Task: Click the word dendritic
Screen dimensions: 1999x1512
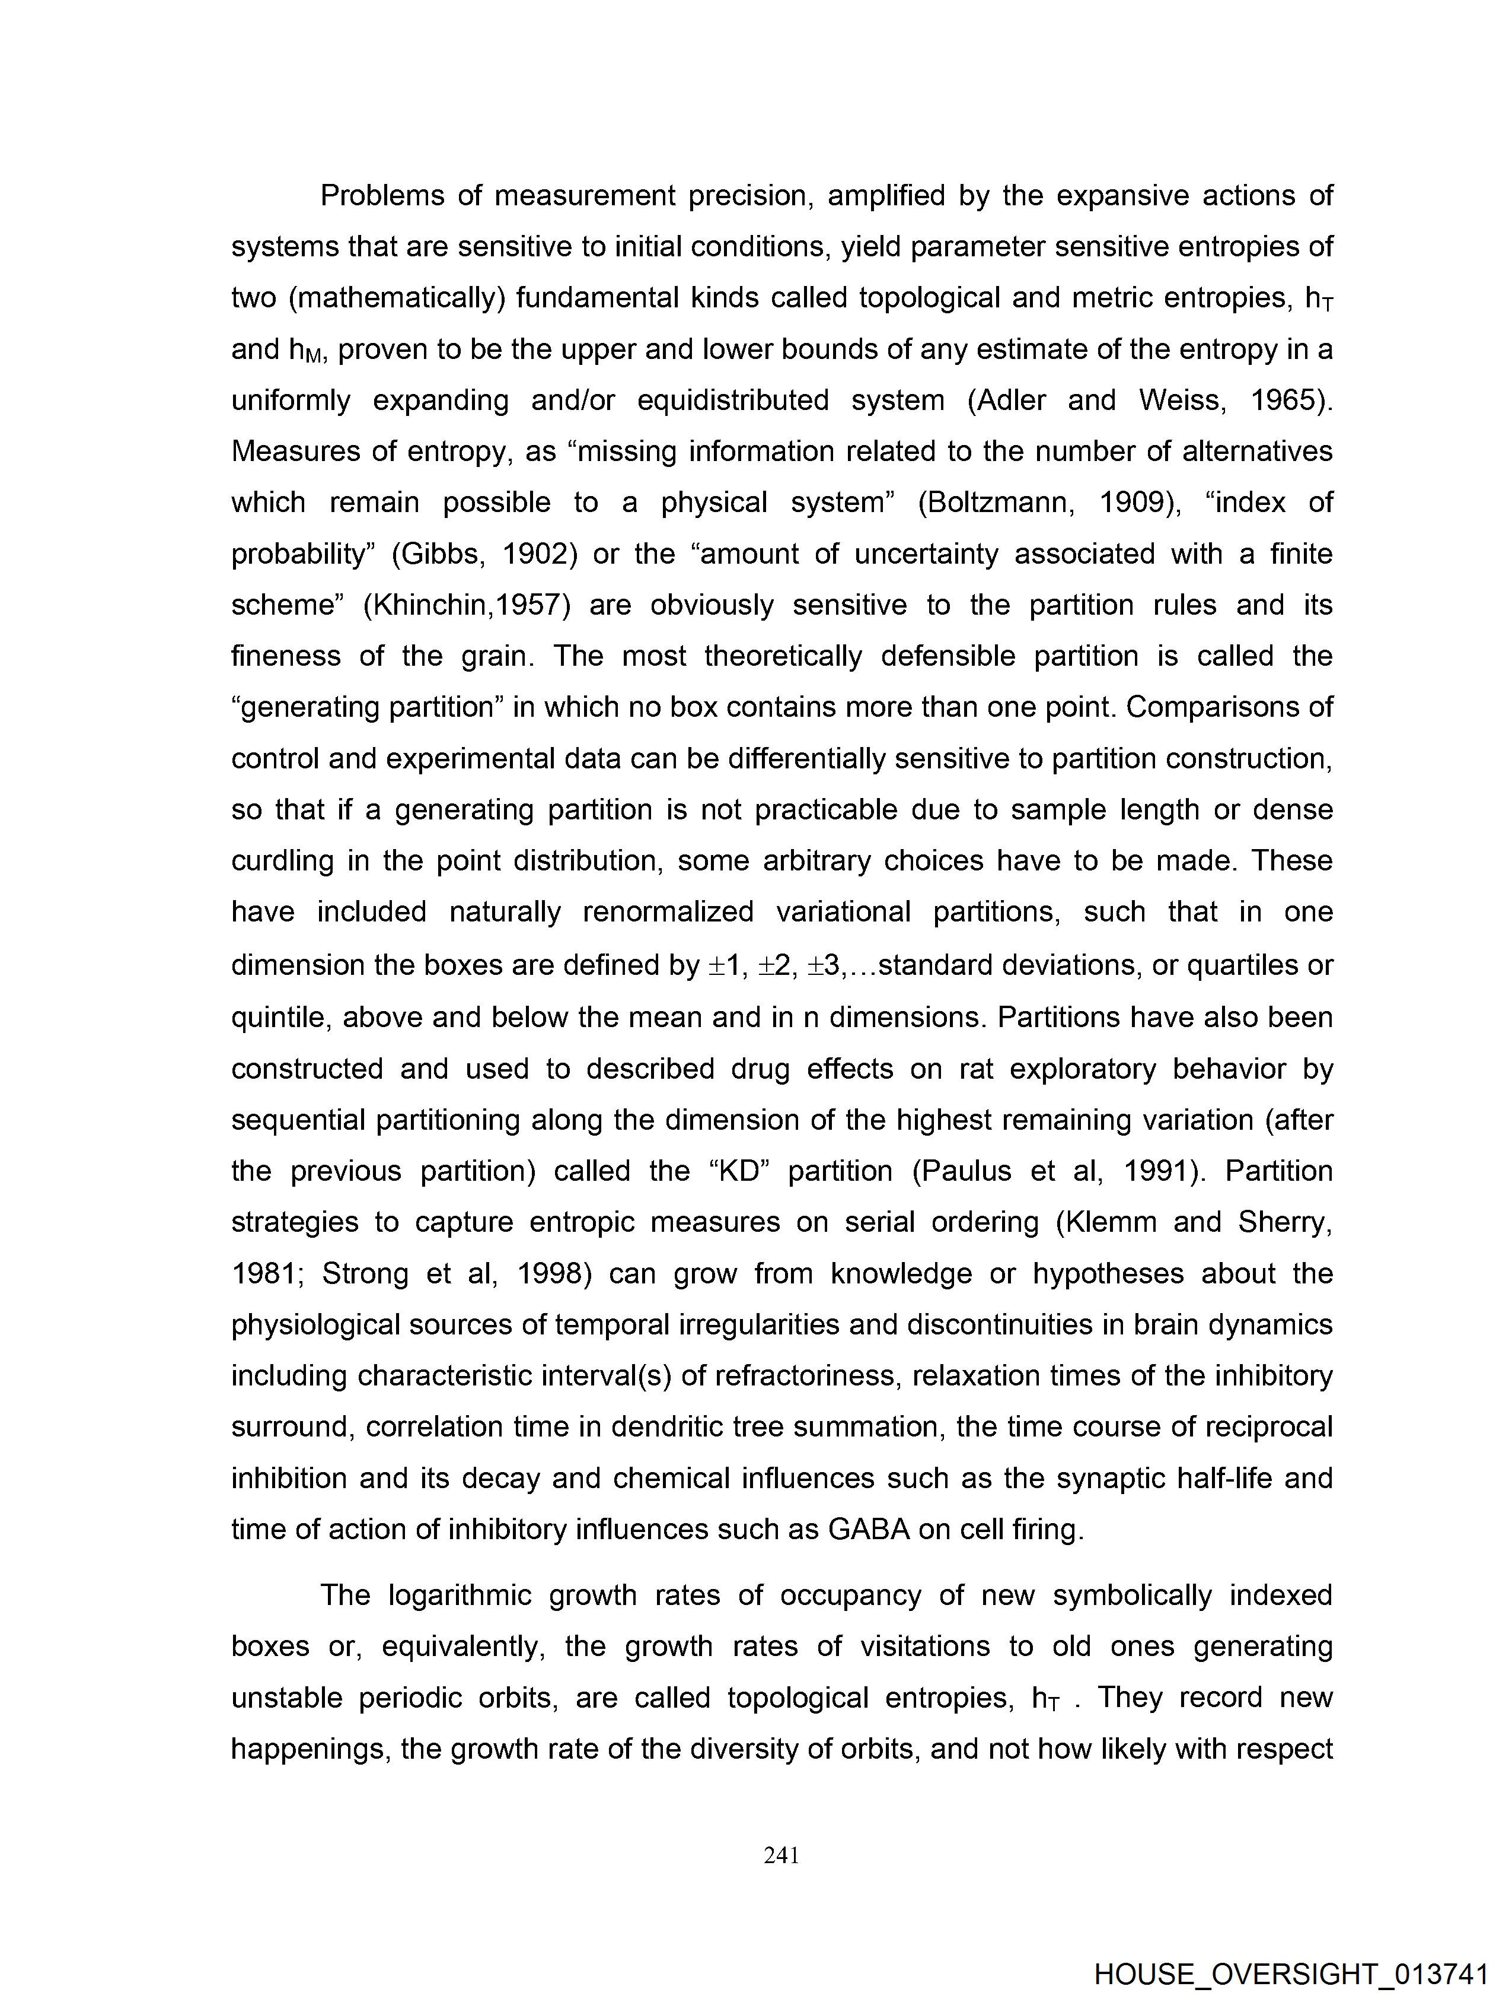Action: coord(666,1427)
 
